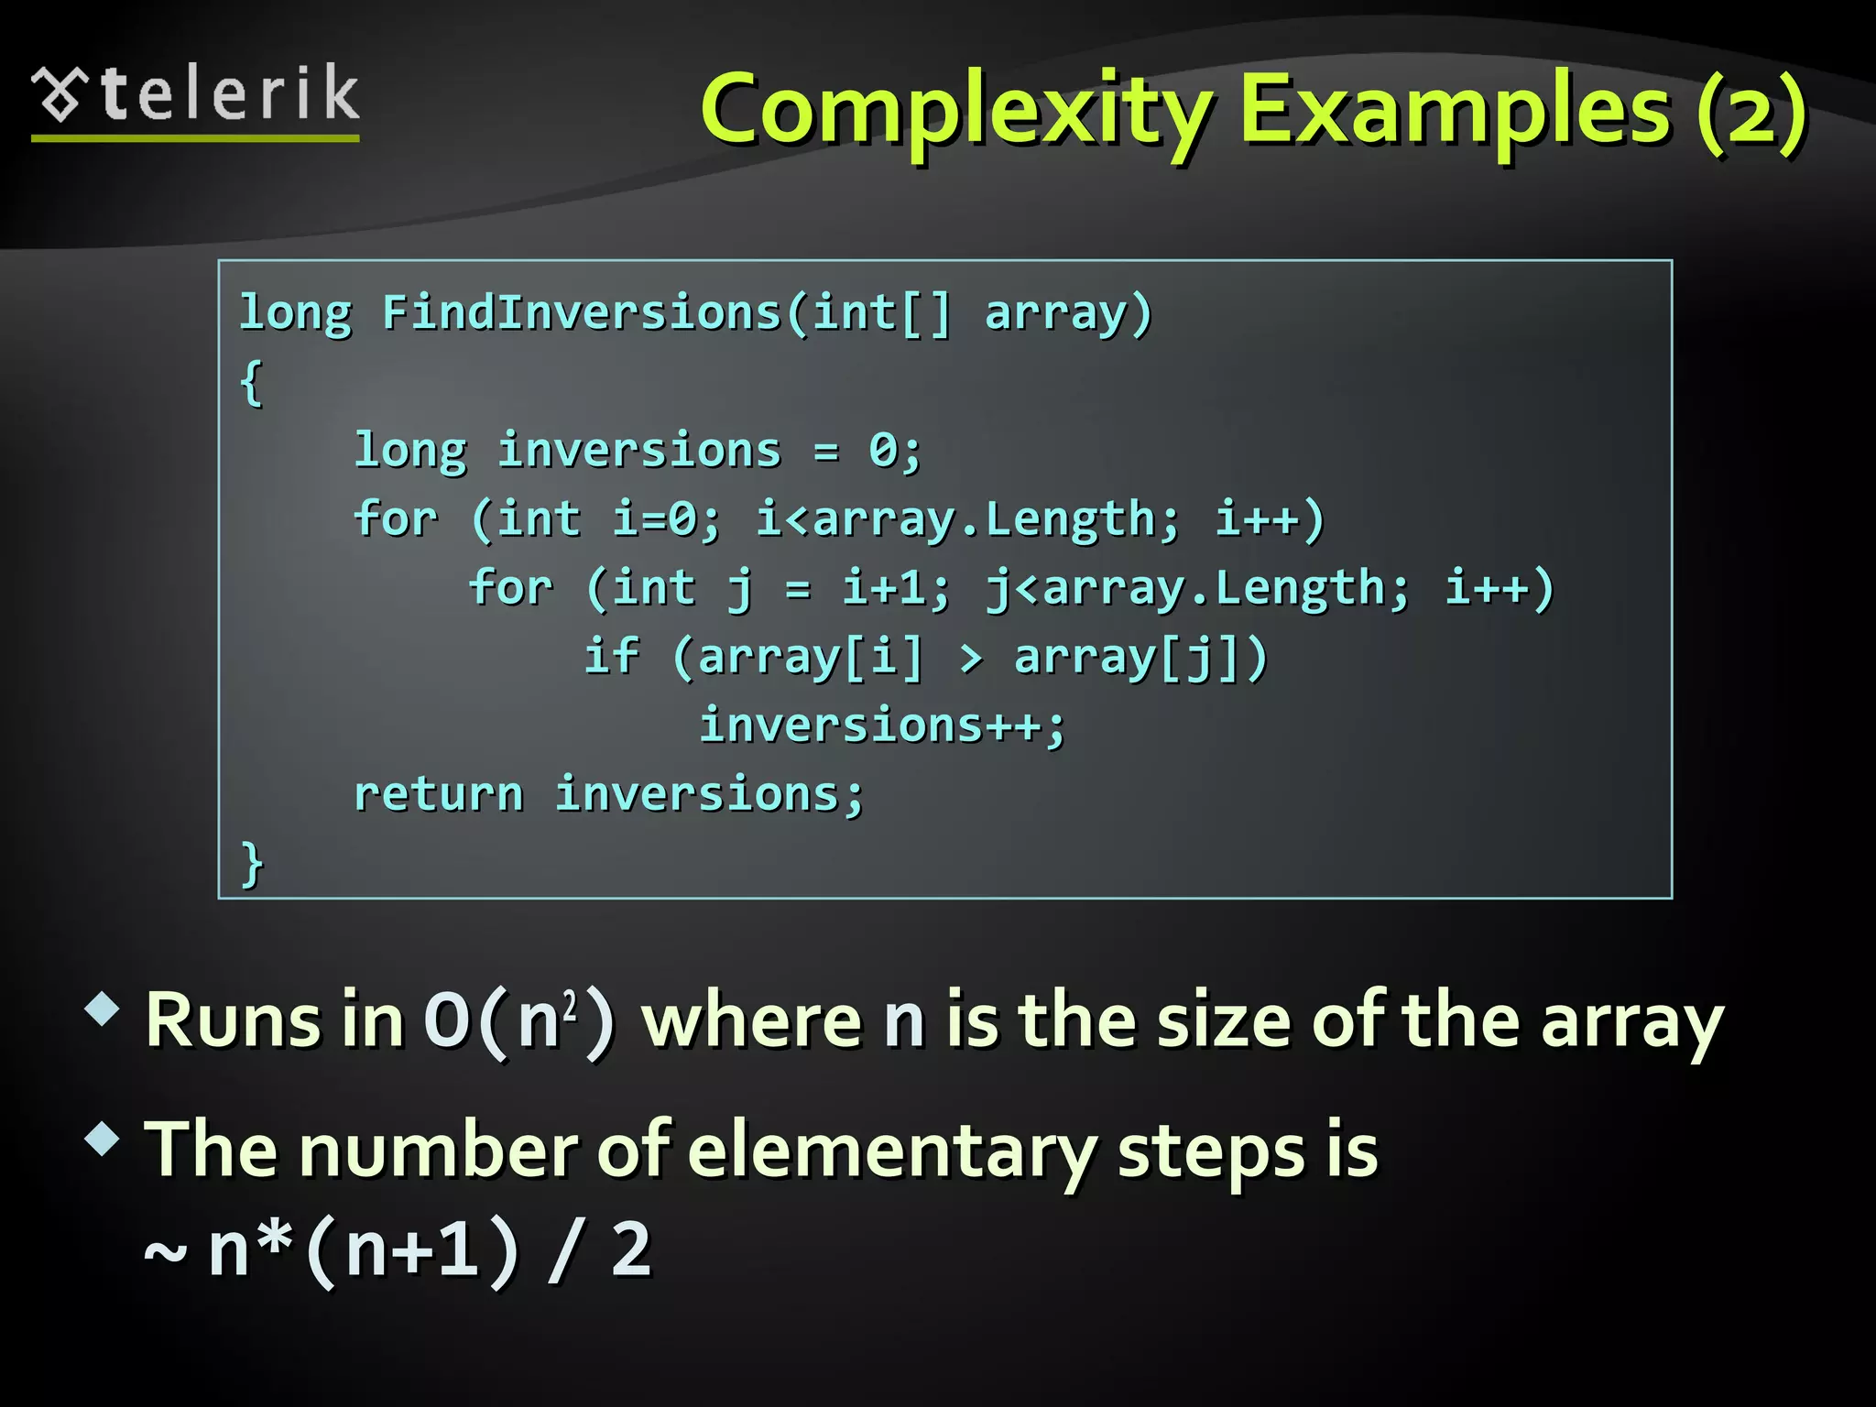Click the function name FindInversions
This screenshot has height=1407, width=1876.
pos(582,312)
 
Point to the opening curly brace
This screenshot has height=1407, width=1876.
pos(252,381)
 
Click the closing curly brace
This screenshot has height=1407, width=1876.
pos(252,863)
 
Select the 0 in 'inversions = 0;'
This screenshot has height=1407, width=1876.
pos(884,450)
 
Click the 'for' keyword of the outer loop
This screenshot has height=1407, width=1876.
pos(396,518)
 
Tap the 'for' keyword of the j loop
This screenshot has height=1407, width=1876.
pos(510,587)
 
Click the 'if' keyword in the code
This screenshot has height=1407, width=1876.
pos(611,656)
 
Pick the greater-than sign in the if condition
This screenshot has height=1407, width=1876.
pos(971,658)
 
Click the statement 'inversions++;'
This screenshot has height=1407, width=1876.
pos(883,725)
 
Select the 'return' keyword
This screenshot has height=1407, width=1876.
pos(439,793)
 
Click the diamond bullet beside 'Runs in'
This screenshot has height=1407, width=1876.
pos(103,1009)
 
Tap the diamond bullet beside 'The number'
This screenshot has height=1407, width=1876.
pos(103,1140)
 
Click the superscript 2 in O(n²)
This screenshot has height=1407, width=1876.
pos(570,1006)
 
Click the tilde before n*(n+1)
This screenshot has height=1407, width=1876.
pos(166,1251)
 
